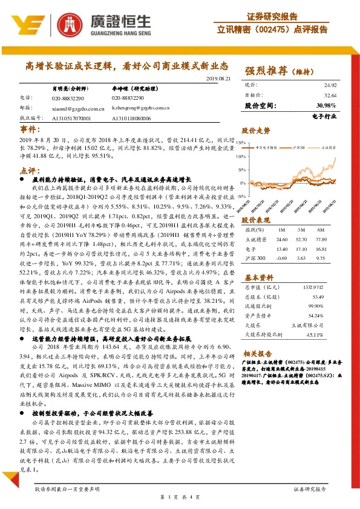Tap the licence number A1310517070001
pos(71,118)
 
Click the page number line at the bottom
pos(180,496)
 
